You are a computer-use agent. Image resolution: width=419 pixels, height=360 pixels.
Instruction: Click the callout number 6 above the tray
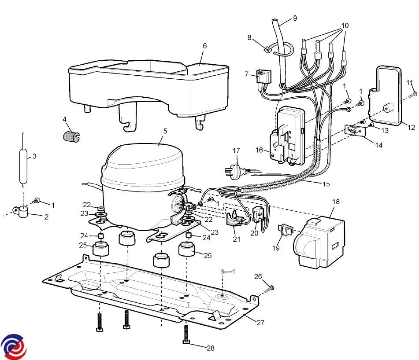[205, 46]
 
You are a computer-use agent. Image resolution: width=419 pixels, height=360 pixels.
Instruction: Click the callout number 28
[211, 348]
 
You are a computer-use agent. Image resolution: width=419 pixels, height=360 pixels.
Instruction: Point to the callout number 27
[260, 323]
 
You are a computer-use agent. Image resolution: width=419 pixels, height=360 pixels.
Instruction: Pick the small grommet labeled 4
[71, 136]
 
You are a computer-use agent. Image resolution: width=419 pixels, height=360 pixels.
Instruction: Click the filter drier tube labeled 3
[23, 160]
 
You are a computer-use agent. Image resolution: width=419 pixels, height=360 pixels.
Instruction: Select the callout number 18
[336, 202]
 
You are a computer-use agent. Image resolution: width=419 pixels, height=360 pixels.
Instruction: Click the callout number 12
[412, 127]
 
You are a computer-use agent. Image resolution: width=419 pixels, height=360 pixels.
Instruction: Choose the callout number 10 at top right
[345, 26]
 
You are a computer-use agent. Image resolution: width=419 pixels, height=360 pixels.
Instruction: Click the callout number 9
[295, 18]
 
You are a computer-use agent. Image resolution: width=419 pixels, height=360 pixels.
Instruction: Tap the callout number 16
[259, 150]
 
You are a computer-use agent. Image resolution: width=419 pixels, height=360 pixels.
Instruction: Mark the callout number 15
[326, 184]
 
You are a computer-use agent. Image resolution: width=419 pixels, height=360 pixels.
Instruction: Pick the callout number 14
[378, 145]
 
